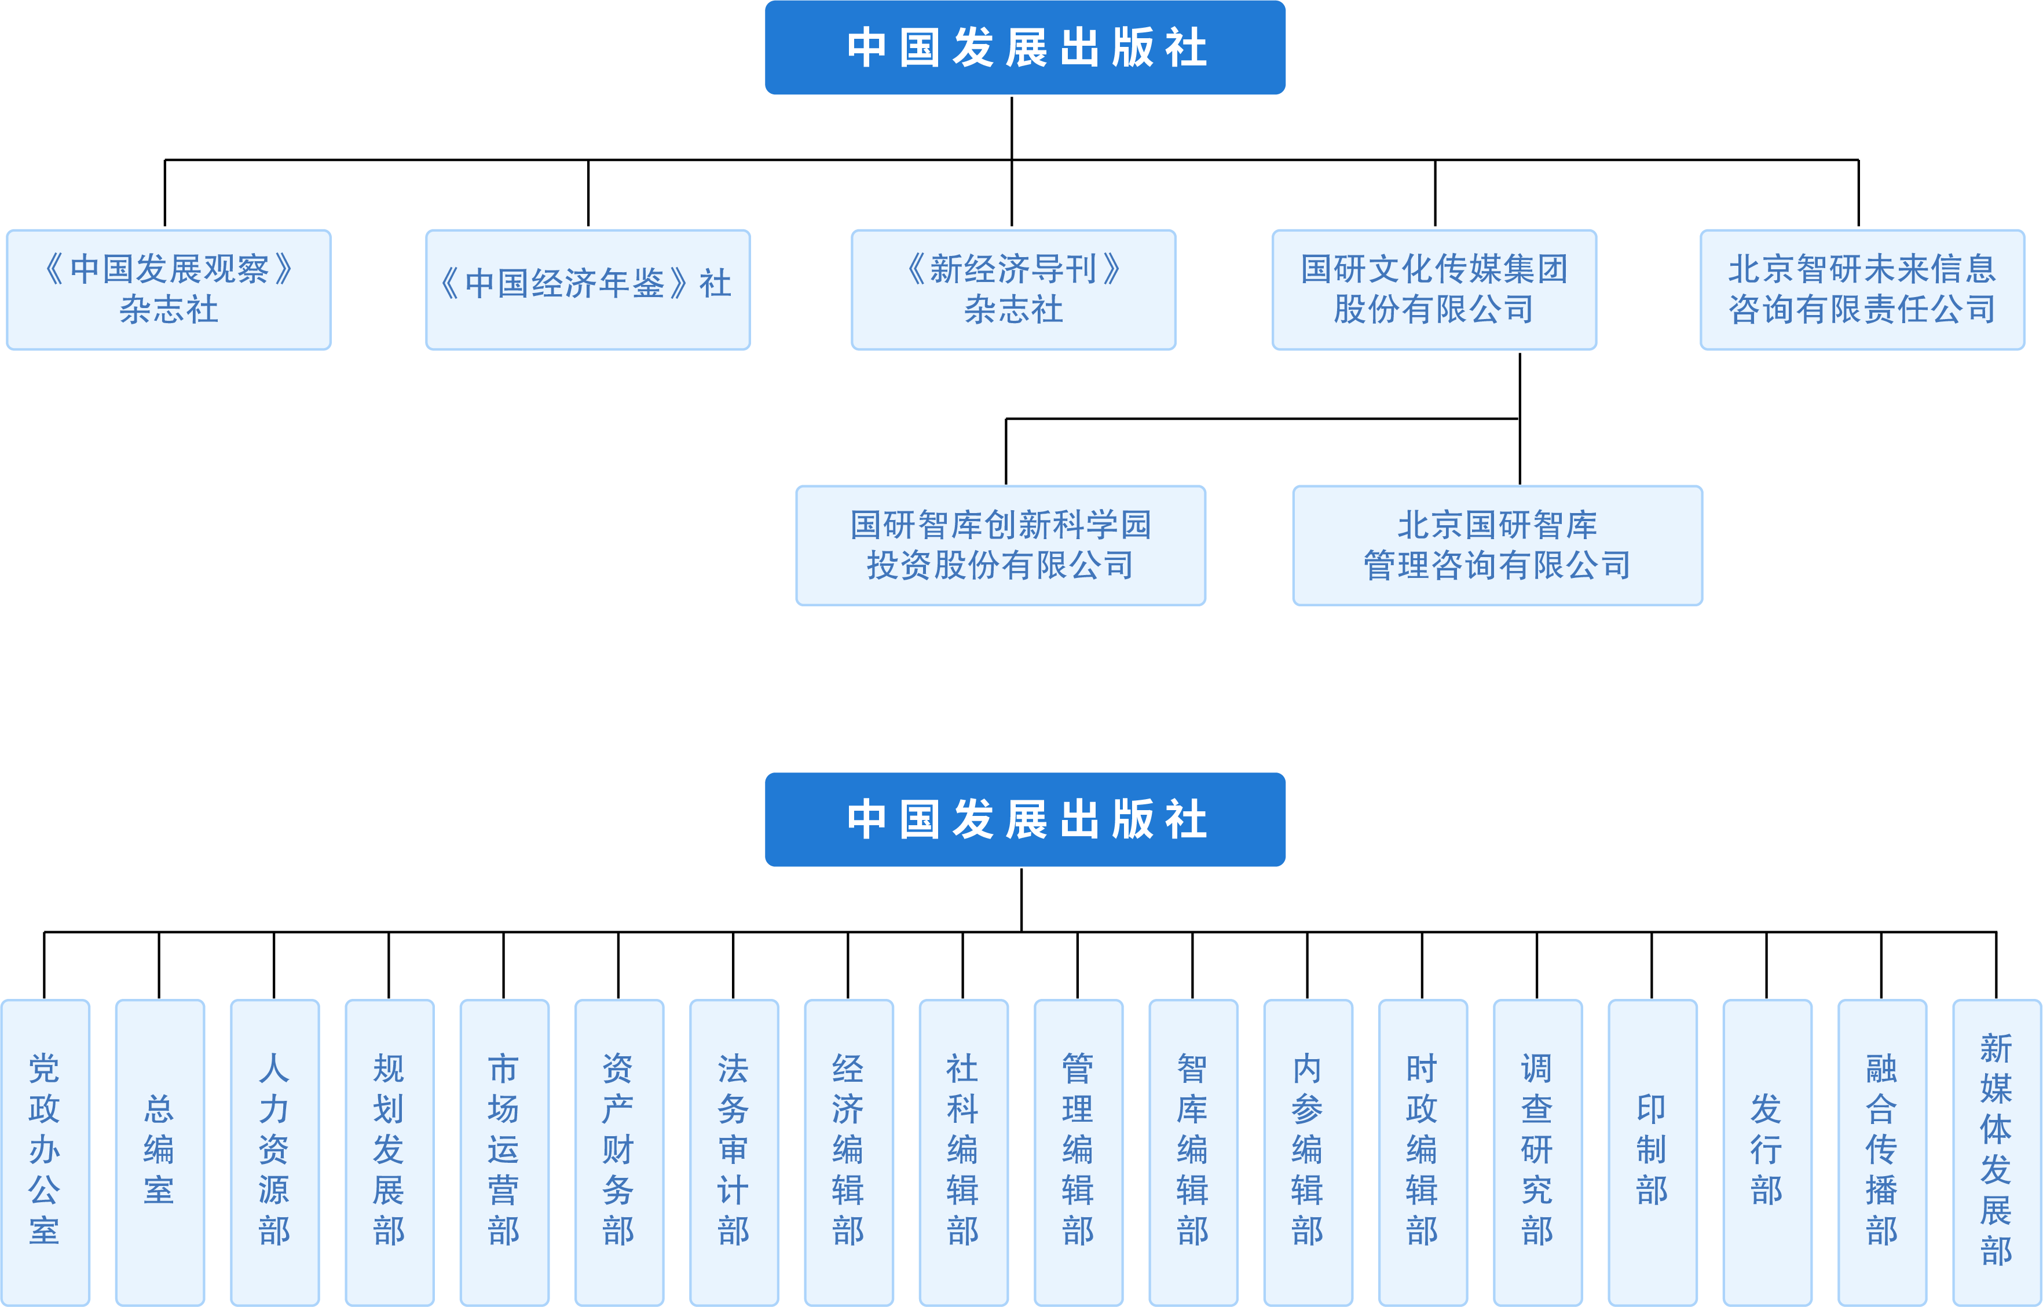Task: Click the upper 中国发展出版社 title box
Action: [1025, 47]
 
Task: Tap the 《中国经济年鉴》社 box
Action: [587, 290]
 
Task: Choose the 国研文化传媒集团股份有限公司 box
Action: [1434, 290]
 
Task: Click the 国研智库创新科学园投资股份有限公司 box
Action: [1000, 545]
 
